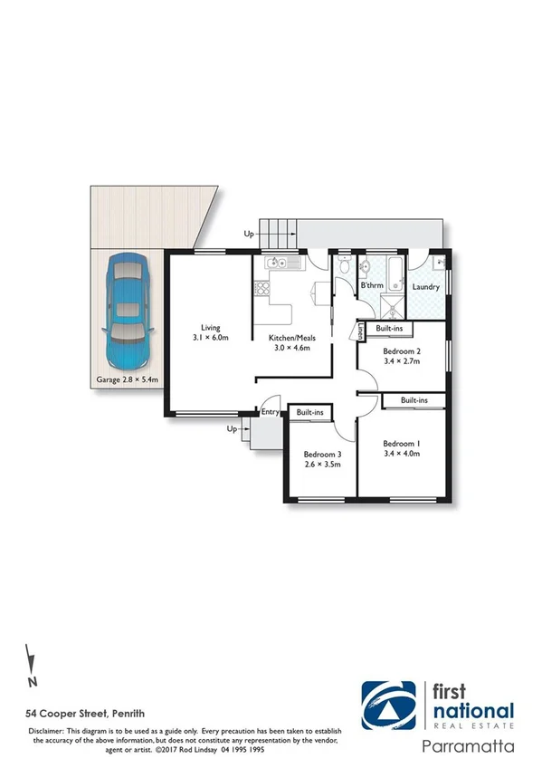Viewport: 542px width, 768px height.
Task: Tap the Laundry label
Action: point(426,287)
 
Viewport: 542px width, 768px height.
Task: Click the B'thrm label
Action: point(373,286)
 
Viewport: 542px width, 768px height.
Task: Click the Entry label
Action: point(270,413)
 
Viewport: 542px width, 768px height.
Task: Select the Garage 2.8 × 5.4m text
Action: point(127,380)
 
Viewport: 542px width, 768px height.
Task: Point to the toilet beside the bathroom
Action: point(344,266)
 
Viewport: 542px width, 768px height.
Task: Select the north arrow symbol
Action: point(31,663)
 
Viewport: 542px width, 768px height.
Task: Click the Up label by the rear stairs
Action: point(249,234)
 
